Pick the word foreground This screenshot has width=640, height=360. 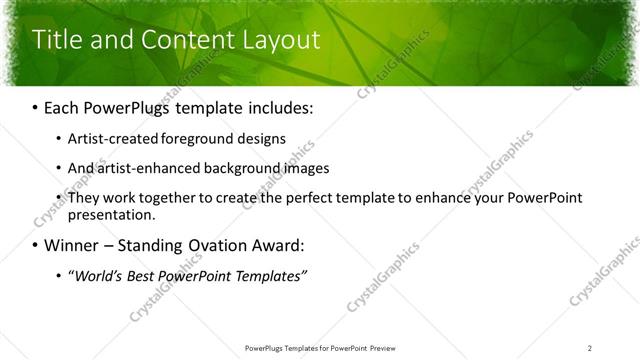pyautogui.click(x=190, y=138)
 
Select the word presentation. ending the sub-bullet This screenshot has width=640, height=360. pyautogui.click(x=112, y=214)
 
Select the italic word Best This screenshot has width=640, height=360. pyautogui.click(x=143, y=275)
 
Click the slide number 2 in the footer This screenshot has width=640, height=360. pyautogui.click(x=590, y=347)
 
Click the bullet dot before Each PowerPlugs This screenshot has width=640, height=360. pyautogui.click(x=36, y=107)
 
